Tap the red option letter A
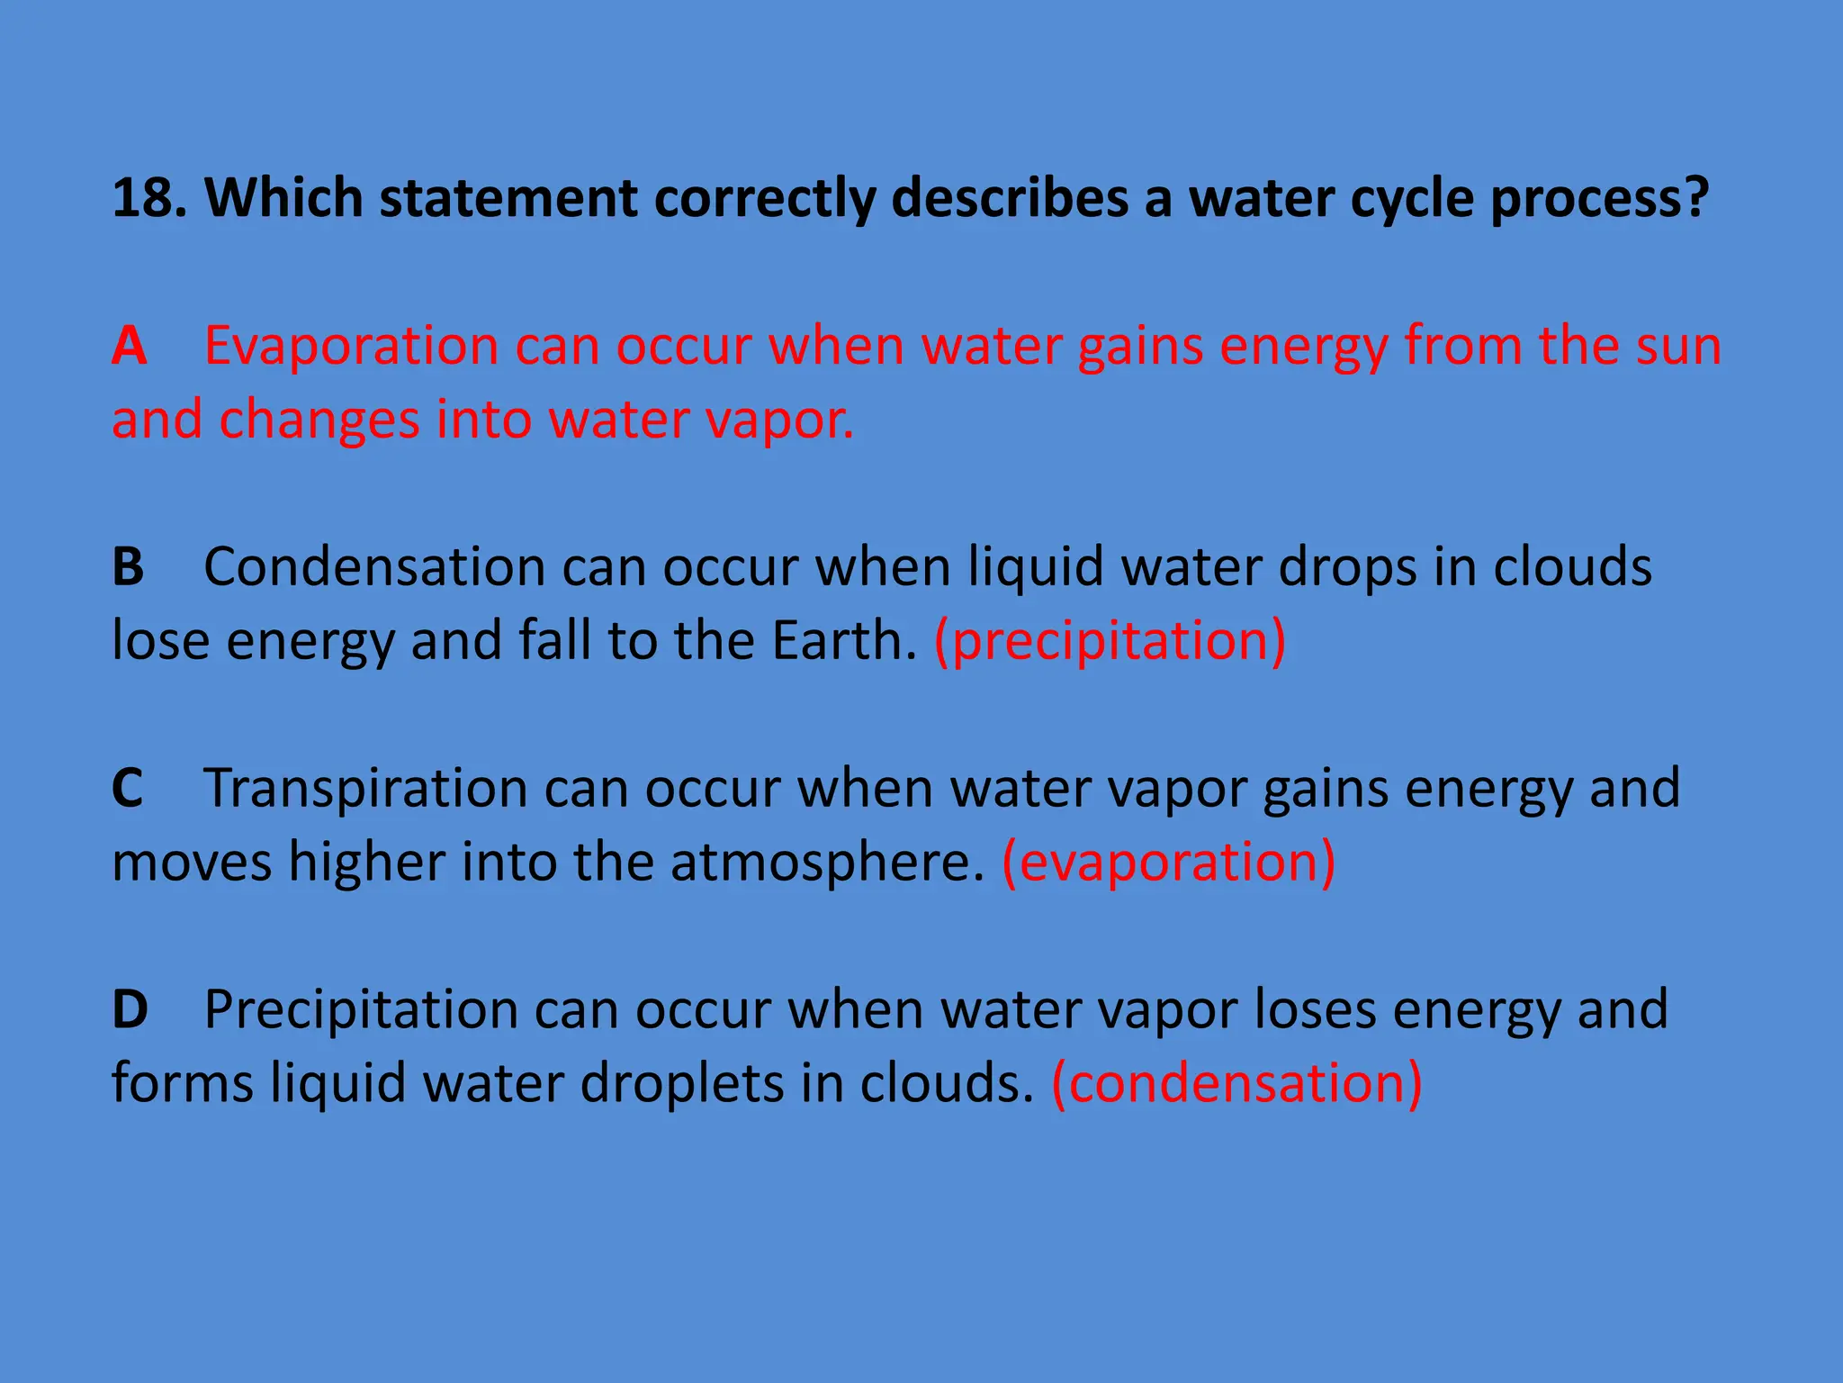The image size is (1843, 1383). tap(130, 346)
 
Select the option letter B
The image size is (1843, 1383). tap(128, 567)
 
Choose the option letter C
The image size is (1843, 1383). tap(128, 789)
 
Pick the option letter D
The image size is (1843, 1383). tap(130, 1009)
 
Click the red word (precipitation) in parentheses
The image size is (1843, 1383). tap(1110, 641)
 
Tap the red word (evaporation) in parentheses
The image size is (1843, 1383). tap(1169, 862)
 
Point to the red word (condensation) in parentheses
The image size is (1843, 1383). tap(1237, 1083)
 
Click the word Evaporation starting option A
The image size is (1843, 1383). tap(351, 346)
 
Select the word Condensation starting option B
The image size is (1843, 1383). tap(374, 567)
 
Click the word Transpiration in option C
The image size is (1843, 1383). tap(365, 789)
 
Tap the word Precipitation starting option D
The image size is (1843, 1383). tap(361, 1009)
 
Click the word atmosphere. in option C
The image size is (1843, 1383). tap(828, 862)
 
